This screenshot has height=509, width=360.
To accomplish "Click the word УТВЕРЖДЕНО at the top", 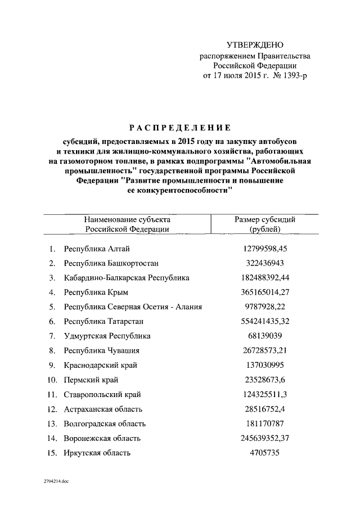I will coord(255,45).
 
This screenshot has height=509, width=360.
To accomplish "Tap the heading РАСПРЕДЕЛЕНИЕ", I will coord(179,127).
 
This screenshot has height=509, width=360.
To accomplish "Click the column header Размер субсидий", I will coord(264,220).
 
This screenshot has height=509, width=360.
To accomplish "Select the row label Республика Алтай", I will coord(97,248).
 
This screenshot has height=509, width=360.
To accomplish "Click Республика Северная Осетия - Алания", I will coord(133,307).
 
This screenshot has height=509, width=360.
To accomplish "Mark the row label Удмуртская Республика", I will coord(107,336).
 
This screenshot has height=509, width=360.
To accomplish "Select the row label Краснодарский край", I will coord(101,365).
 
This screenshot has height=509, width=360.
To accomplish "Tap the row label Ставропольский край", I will coord(102,394).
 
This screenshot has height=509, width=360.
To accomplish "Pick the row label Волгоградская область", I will coord(105,424).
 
